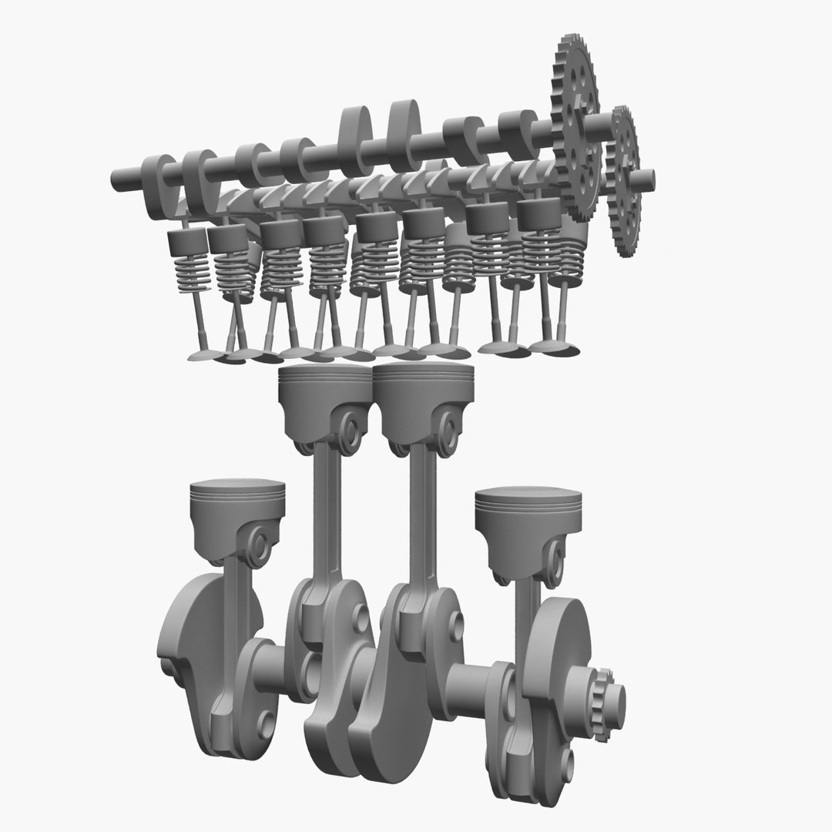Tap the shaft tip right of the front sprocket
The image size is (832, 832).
[648, 178]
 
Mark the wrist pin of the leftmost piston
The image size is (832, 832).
[260, 546]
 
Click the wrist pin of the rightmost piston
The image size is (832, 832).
[553, 557]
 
